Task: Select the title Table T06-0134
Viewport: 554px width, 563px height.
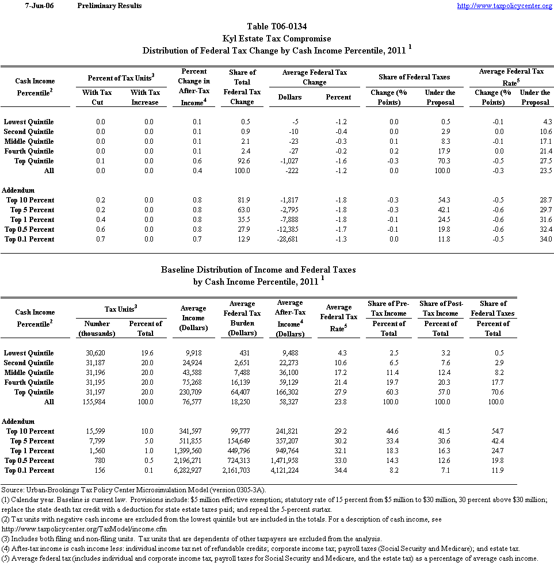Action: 277,26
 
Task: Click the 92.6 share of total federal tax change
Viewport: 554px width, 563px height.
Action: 242,161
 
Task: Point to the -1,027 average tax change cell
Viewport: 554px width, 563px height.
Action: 287,161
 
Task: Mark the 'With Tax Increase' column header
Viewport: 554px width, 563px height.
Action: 145,97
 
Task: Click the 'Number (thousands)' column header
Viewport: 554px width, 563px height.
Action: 96,328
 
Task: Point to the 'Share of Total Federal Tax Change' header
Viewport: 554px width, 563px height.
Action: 242,87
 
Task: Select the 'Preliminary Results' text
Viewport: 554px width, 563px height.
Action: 109,6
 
